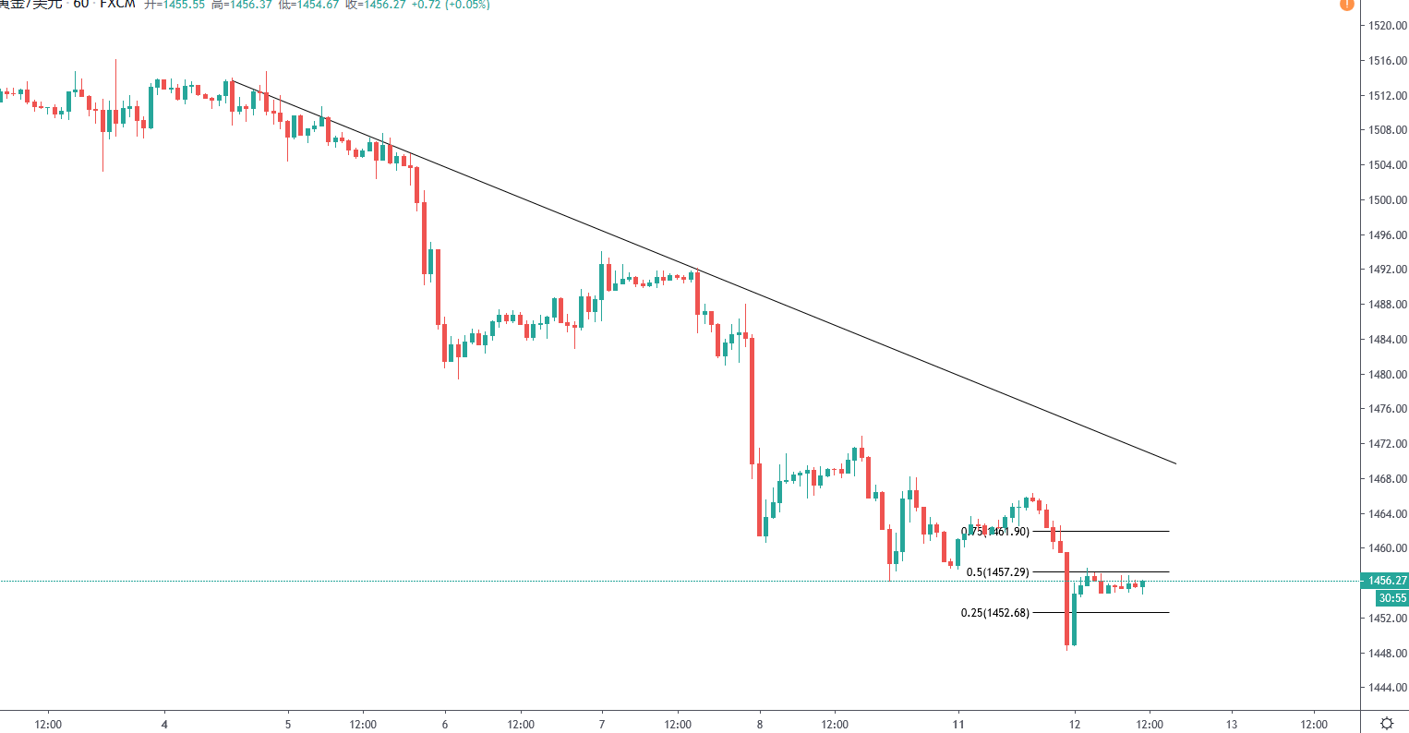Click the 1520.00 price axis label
click(1388, 26)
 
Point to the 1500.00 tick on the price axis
click(1388, 199)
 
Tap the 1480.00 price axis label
click(1388, 374)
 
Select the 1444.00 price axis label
click(1388, 688)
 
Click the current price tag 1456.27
click(1387, 581)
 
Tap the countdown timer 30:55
click(1392, 598)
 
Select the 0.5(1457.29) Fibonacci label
click(997, 572)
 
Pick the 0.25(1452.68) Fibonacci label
click(994, 613)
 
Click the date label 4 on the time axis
click(164, 725)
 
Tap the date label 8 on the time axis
click(760, 725)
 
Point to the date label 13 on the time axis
click(1232, 725)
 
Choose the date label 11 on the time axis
click(958, 725)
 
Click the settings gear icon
click(1387, 723)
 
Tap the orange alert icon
click(1346, 4)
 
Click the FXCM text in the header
click(117, 4)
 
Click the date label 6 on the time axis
click(445, 725)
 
